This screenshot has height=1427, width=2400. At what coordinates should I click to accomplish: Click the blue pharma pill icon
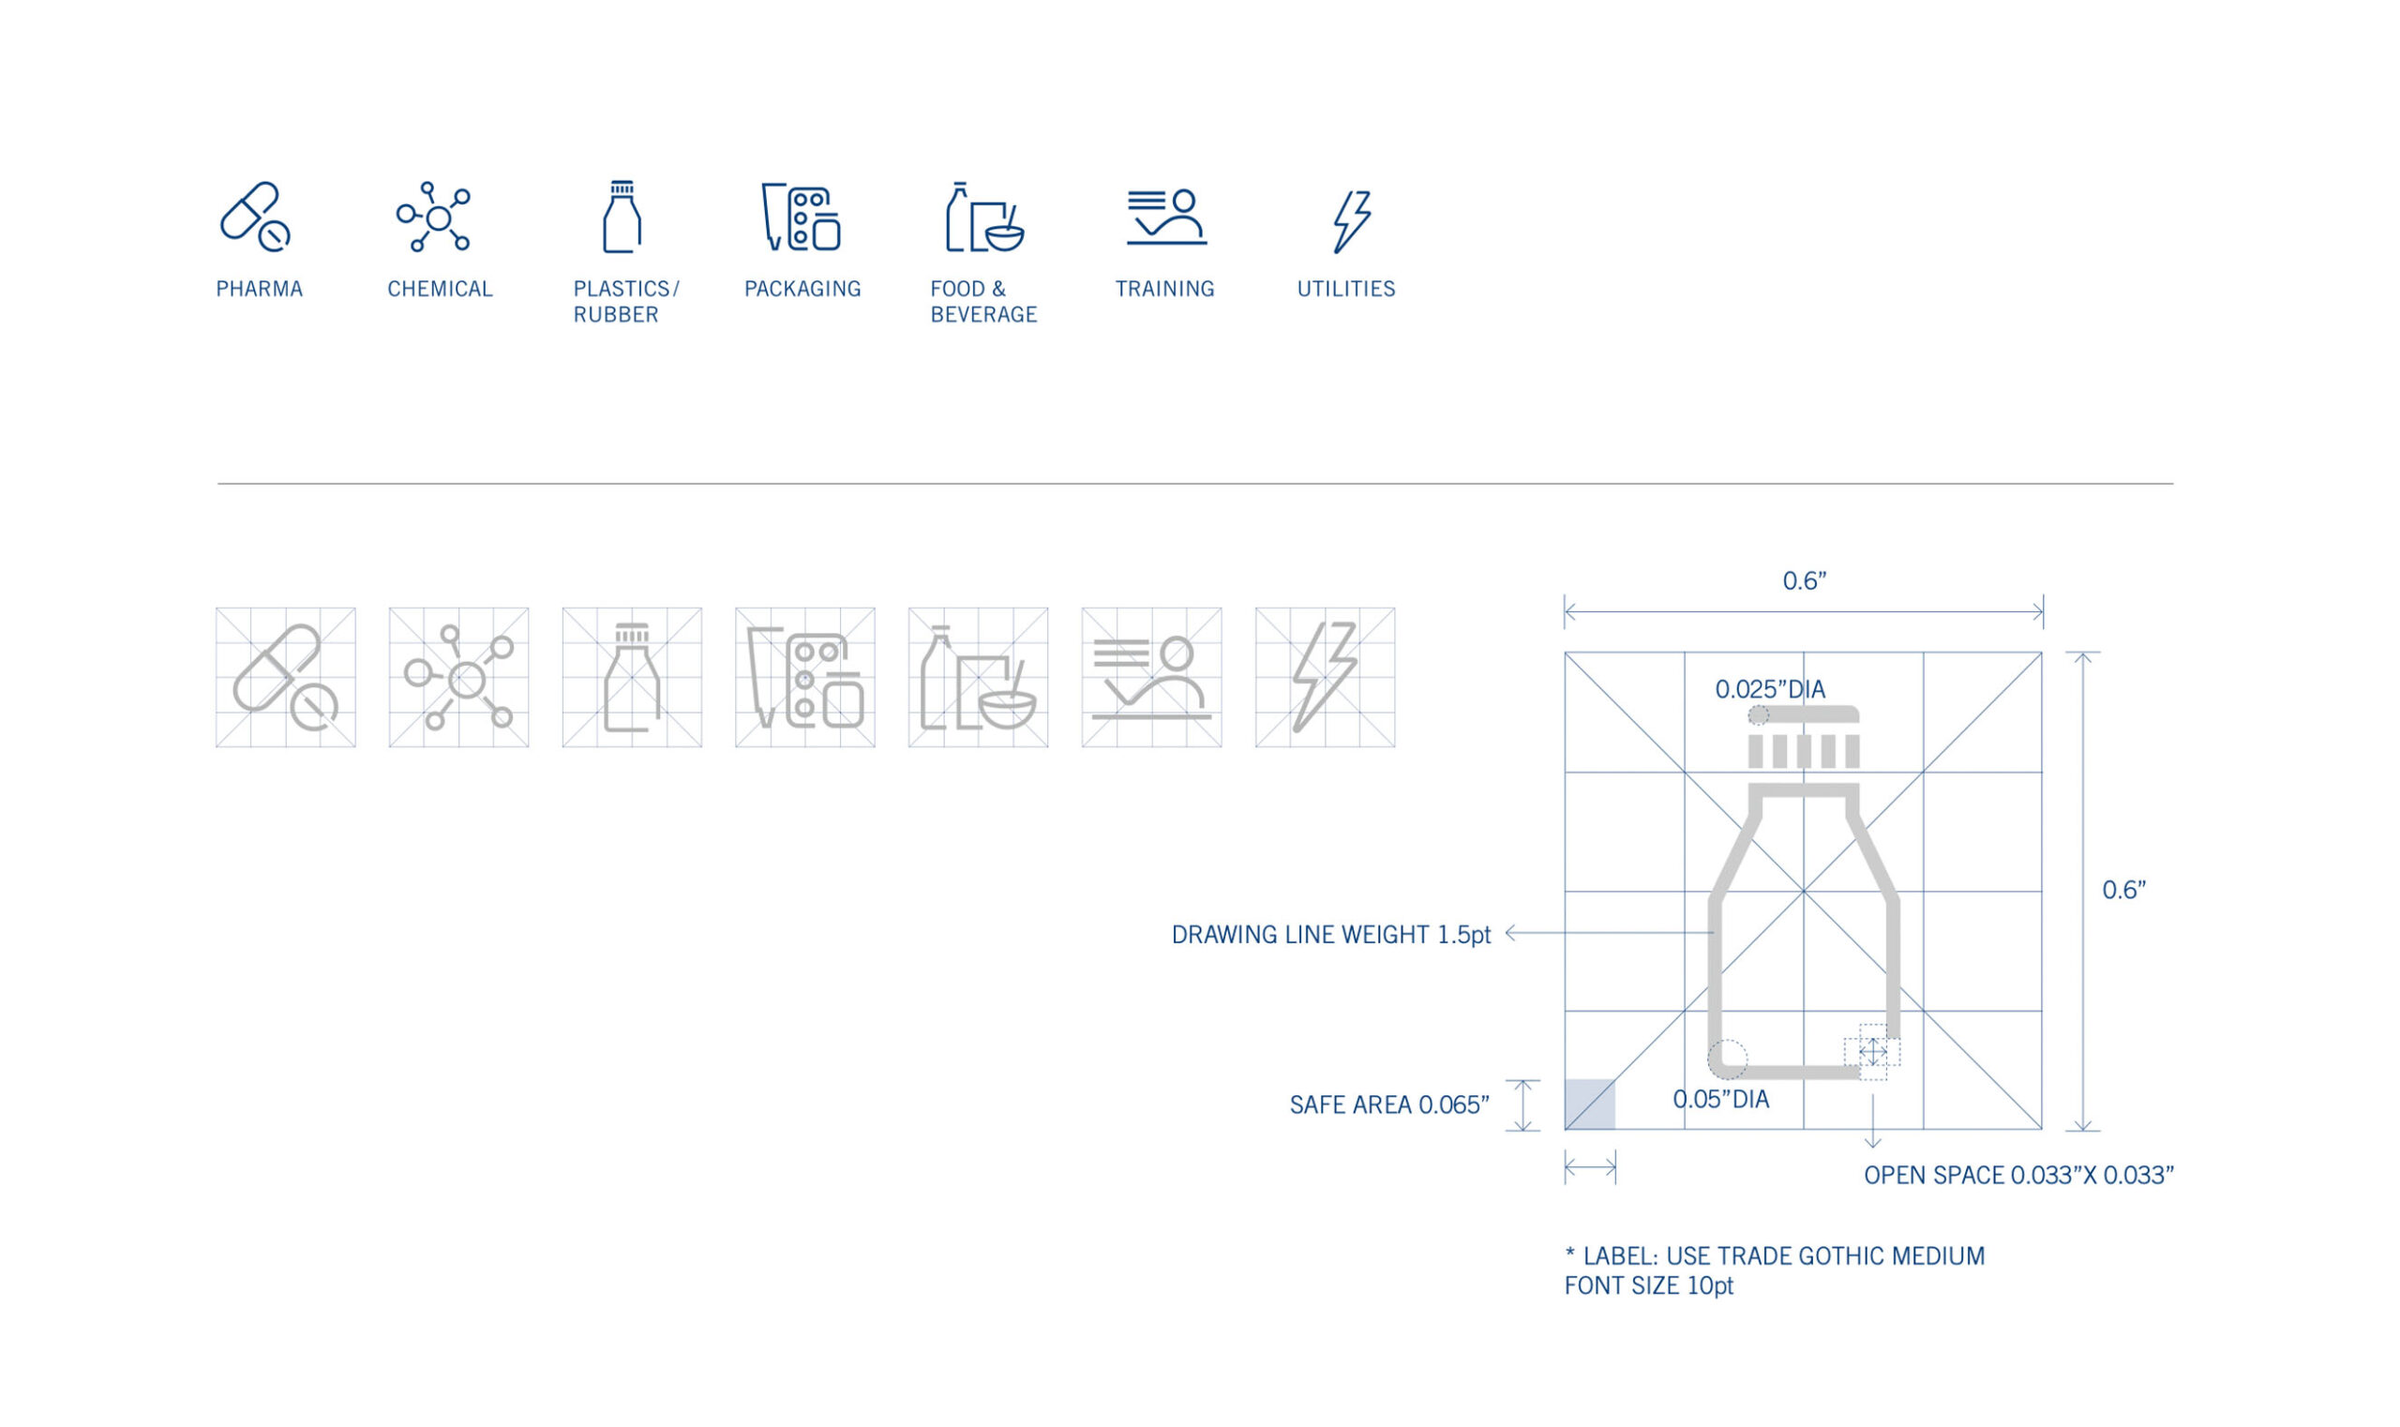pos(254,218)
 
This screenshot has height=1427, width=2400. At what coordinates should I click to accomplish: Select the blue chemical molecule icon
pos(435,218)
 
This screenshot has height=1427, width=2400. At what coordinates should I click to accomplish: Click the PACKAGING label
pos(802,290)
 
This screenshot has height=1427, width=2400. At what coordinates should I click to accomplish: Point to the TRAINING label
pos(1164,290)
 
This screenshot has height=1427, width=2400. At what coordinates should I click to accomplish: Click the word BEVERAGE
pos(983,315)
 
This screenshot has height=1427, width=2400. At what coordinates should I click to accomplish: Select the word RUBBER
pos(615,315)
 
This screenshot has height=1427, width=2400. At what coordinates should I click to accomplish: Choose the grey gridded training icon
pos(1151,678)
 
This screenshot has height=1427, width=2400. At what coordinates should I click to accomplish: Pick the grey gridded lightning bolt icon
pos(1324,678)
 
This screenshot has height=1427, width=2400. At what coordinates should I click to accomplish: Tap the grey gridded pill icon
pos(286,678)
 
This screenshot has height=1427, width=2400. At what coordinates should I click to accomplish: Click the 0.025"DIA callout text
pos(1769,689)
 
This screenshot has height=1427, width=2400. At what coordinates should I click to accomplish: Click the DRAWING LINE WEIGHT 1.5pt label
pos(1330,935)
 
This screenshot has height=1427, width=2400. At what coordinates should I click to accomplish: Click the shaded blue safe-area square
pos(1589,1104)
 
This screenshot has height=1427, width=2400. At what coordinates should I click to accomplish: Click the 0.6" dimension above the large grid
pos(1804,580)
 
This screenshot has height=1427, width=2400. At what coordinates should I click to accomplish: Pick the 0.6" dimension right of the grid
pos(2123,891)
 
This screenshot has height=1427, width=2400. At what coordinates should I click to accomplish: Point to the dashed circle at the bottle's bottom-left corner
pos(1727,1059)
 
